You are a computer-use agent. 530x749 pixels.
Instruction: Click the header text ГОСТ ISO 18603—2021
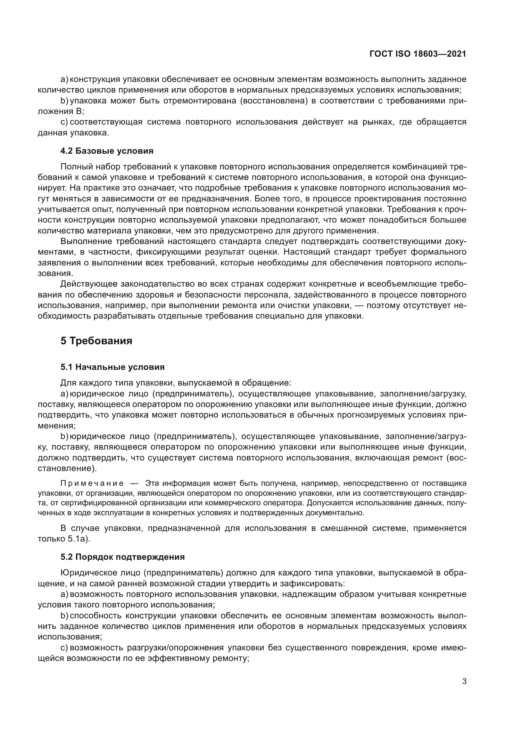(418, 54)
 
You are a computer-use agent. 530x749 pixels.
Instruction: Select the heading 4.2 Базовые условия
(107, 151)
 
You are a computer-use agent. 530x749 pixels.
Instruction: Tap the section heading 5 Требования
(96, 341)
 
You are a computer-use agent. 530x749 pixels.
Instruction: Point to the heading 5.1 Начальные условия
(112, 367)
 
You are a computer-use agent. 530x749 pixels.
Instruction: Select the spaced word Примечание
(92, 483)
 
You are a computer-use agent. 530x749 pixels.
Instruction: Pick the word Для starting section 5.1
(68, 383)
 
